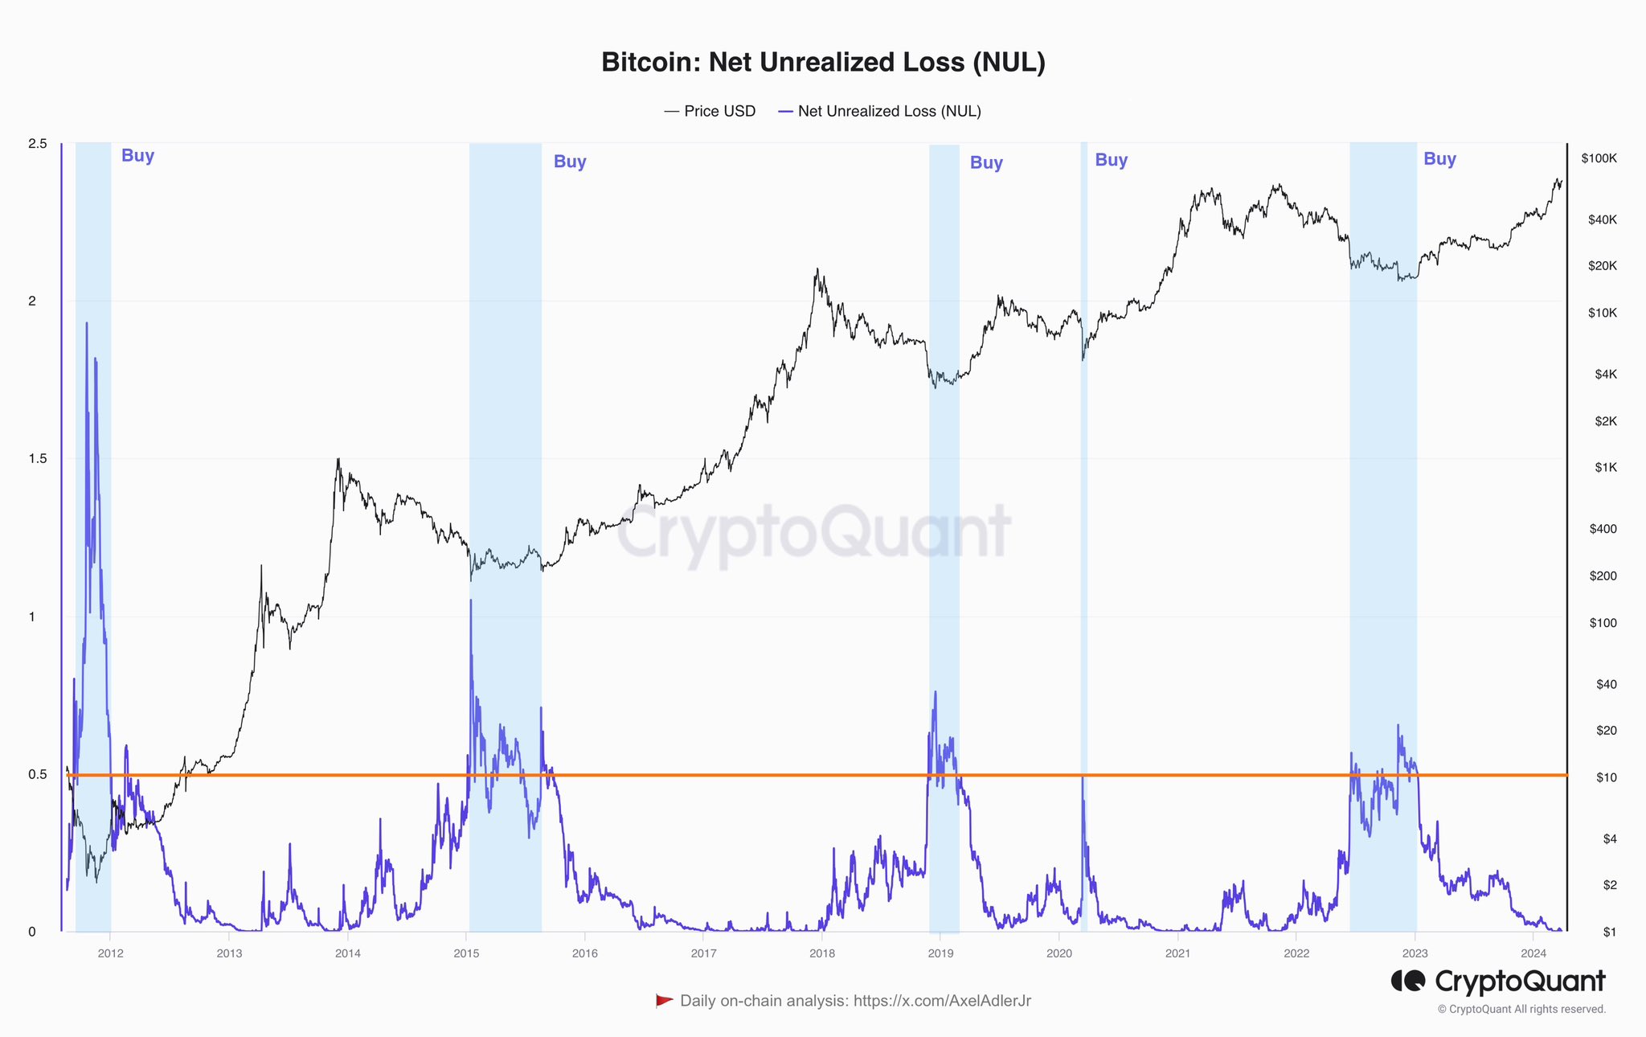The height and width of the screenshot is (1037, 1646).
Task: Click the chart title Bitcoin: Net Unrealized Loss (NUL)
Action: point(823,63)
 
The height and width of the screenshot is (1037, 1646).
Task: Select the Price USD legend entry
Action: point(710,112)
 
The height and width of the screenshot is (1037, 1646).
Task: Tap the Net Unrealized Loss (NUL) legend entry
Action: point(880,112)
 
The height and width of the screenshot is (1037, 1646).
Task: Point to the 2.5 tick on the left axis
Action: point(38,144)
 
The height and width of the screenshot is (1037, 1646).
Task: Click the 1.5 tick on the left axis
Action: point(38,459)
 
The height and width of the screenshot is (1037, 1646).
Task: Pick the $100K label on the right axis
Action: point(1599,158)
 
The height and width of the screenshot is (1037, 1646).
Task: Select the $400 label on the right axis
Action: point(1603,529)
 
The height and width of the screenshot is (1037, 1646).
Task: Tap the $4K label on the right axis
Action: point(1604,375)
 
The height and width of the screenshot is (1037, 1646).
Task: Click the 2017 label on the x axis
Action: point(703,954)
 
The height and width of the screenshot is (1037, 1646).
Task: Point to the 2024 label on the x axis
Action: point(1533,954)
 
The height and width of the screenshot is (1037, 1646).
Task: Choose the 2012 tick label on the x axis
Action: point(110,954)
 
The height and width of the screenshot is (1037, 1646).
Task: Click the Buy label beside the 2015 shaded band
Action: point(570,162)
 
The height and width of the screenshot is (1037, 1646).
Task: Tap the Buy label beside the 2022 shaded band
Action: point(1439,159)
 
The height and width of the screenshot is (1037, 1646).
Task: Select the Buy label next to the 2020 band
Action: point(1111,160)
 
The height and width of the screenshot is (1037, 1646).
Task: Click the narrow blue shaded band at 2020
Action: point(1083,482)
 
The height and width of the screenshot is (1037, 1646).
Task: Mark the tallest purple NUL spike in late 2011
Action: point(87,324)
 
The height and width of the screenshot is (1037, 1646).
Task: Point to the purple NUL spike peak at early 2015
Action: point(470,600)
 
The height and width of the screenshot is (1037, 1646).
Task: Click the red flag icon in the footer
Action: point(664,1001)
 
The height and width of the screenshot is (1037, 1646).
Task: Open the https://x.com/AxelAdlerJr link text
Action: point(942,1001)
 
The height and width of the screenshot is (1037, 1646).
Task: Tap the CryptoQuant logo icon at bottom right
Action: point(1408,982)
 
